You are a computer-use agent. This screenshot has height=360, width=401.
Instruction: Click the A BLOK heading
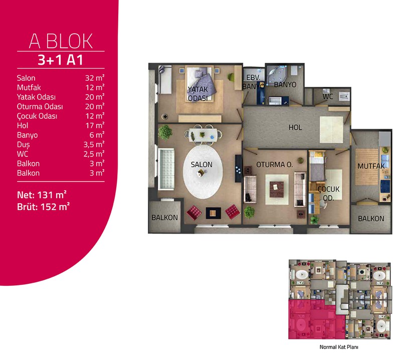point(61,41)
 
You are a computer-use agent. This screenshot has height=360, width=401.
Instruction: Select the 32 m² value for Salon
point(95,78)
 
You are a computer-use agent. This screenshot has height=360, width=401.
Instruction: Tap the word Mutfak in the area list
point(29,88)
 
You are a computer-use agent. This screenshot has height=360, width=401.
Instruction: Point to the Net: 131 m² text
point(42,195)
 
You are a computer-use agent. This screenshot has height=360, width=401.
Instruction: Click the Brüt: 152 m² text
point(43,207)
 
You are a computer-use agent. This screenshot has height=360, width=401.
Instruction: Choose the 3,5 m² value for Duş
point(94,144)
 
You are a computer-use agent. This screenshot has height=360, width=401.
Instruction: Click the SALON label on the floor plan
point(202,164)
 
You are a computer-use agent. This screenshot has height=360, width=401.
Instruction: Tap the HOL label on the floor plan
point(295,127)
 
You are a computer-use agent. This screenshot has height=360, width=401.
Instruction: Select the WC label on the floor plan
point(328,96)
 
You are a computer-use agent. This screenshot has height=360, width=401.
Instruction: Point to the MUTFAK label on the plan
point(371,166)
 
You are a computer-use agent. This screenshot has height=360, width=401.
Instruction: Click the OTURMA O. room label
point(274,164)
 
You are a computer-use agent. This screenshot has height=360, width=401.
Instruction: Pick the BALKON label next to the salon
point(165,218)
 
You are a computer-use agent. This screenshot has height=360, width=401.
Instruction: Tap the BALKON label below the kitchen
point(371,219)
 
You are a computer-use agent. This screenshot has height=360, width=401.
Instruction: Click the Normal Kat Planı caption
point(339,347)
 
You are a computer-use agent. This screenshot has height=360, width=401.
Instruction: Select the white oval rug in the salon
point(203,171)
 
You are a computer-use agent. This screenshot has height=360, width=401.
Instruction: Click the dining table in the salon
point(203,134)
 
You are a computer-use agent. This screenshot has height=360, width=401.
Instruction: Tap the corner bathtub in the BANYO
point(276,75)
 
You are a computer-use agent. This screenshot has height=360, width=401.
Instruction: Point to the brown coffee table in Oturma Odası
point(277,190)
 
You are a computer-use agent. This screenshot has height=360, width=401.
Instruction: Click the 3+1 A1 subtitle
point(61,60)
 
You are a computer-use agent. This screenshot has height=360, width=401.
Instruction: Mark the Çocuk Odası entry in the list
point(37,116)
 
